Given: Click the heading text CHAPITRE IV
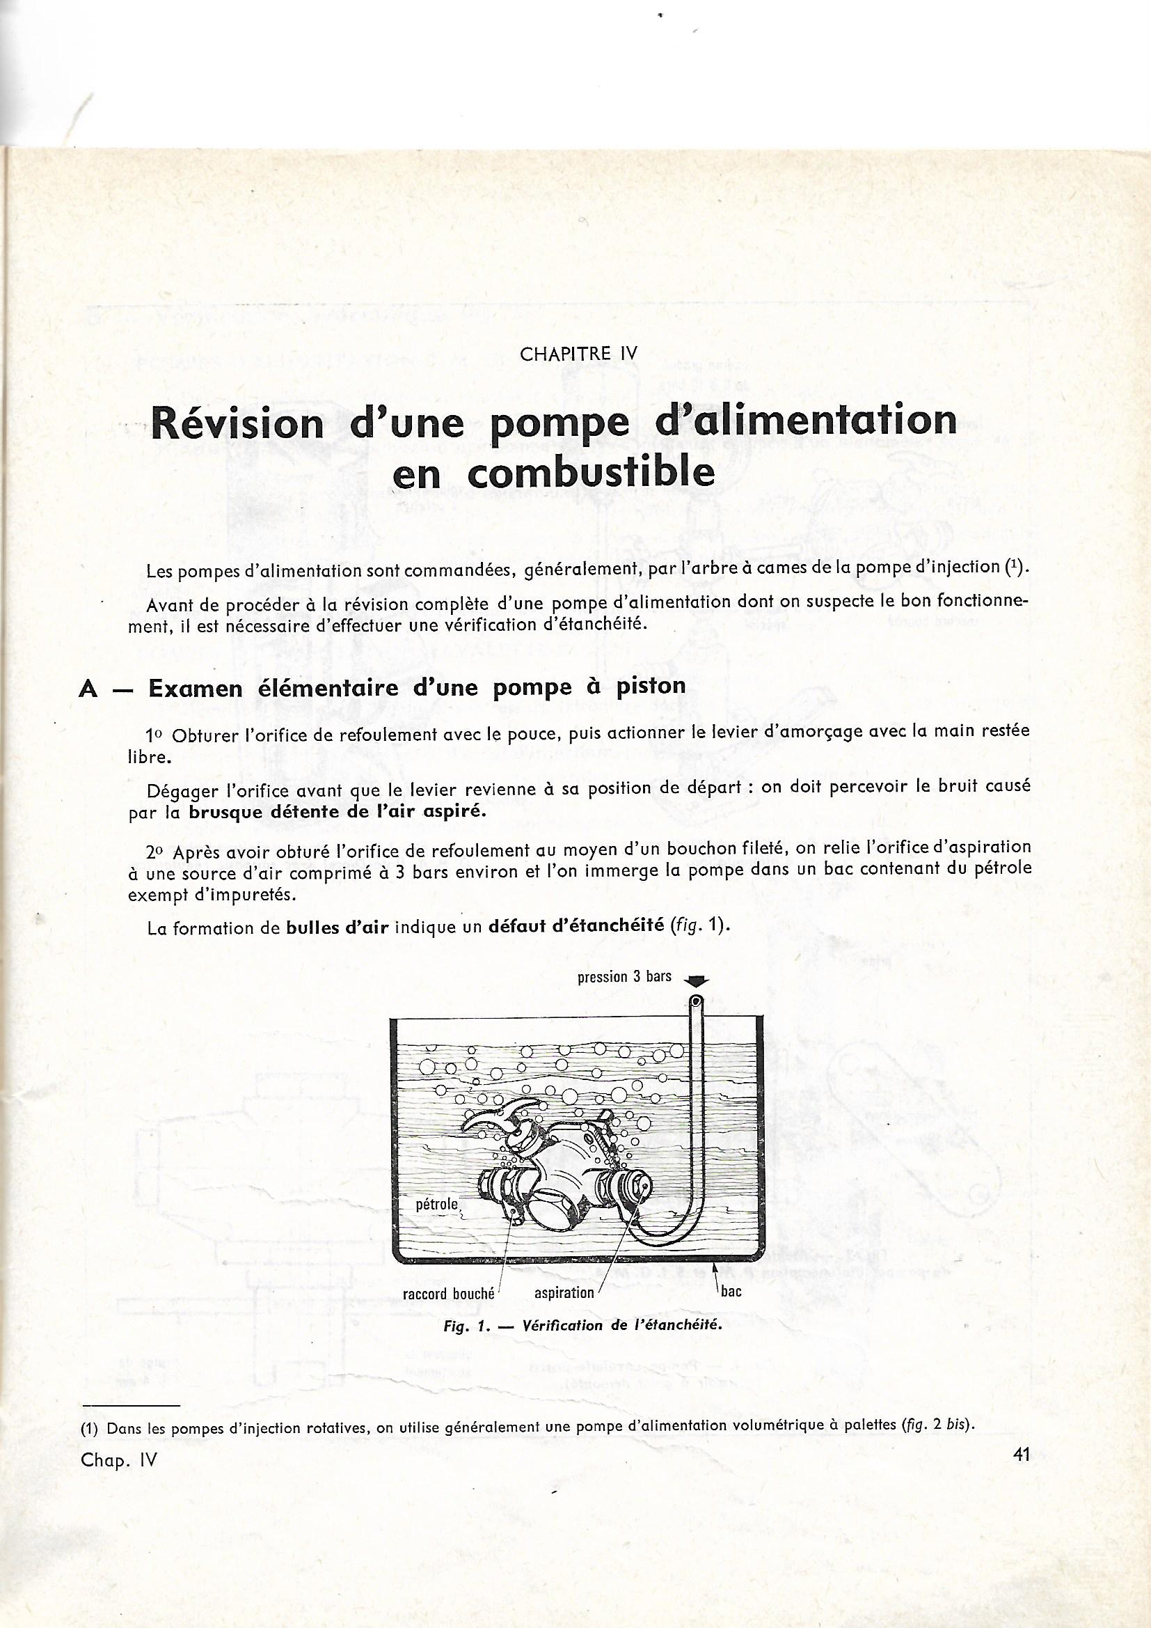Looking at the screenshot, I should point(579,354).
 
